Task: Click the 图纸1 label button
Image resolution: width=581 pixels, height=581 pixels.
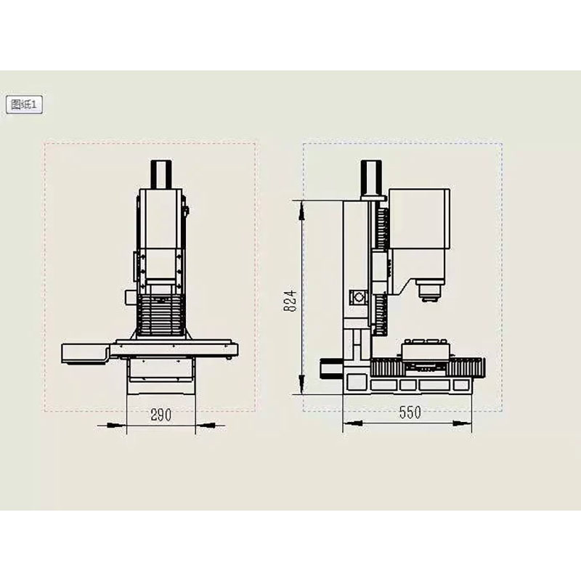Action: (x=24, y=105)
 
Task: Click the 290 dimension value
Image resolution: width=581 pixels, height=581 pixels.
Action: (x=161, y=415)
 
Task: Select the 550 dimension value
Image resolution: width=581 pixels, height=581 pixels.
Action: (x=410, y=413)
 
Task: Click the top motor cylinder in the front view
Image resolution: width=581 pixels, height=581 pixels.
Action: (x=161, y=174)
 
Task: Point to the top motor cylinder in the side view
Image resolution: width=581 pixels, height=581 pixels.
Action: (x=371, y=179)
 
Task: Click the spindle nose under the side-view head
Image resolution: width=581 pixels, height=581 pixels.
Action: (x=428, y=290)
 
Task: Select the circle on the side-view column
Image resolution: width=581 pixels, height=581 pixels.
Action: (x=359, y=297)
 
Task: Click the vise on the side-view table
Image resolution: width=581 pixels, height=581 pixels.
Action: (x=426, y=350)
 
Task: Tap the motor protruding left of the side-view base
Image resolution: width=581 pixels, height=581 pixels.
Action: (x=332, y=368)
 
